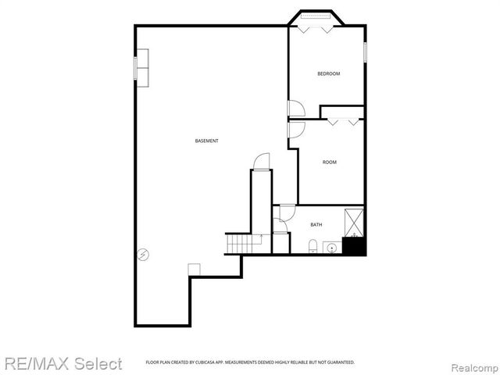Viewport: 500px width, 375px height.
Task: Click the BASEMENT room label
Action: (x=206, y=141)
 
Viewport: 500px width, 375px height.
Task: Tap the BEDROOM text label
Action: (x=328, y=73)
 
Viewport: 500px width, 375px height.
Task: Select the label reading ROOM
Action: (x=330, y=162)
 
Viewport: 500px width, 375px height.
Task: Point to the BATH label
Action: (x=316, y=225)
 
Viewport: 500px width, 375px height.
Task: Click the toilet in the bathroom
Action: (x=312, y=247)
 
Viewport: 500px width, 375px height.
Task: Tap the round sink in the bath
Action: (x=331, y=248)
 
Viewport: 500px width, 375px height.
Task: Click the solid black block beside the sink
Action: (x=355, y=245)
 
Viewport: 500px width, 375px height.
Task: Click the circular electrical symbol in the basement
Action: (x=143, y=253)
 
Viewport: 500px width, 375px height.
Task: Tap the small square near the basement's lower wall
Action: (x=194, y=269)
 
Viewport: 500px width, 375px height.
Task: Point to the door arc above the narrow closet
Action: (x=260, y=160)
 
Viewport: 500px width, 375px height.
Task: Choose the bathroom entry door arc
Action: (x=286, y=212)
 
